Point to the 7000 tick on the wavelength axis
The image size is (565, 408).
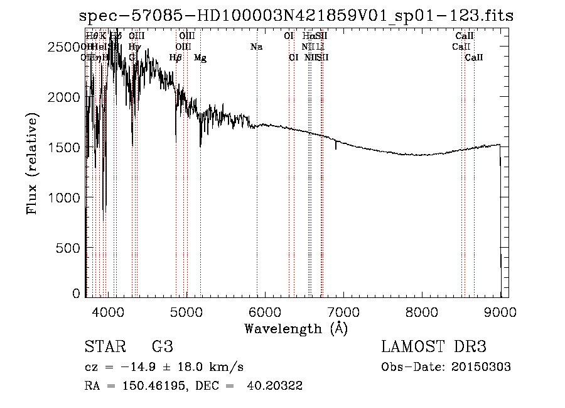tap(343, 311)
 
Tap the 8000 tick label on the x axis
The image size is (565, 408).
tap(422, 311)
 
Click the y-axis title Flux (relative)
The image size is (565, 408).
tap(32, 163)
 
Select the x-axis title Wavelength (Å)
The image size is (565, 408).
tap(296, 328)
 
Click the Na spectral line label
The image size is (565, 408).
tap(256, 47)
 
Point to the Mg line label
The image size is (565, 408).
tap(200, 58)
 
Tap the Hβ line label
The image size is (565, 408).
tap(176, 58)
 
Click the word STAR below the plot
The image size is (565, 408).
tap(104, 347)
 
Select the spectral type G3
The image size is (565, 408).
tap(162, 347)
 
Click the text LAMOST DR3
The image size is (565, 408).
tap(434, 347)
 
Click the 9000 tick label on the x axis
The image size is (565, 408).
tap(500, 311)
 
